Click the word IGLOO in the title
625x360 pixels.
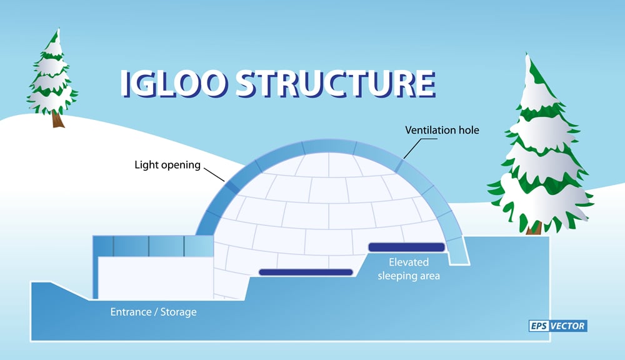pos(172,84)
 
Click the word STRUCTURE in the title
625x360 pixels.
pos(335,84)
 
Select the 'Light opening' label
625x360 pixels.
pos(167,166)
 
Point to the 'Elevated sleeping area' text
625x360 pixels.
pos(409,268)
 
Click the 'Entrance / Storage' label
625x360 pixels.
pos(153,311)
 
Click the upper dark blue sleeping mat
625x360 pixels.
pos(407,247)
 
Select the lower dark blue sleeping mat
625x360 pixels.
pos(306,272)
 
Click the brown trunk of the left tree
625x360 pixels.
pos(58,119)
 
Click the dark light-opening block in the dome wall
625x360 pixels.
pos(232,186)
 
